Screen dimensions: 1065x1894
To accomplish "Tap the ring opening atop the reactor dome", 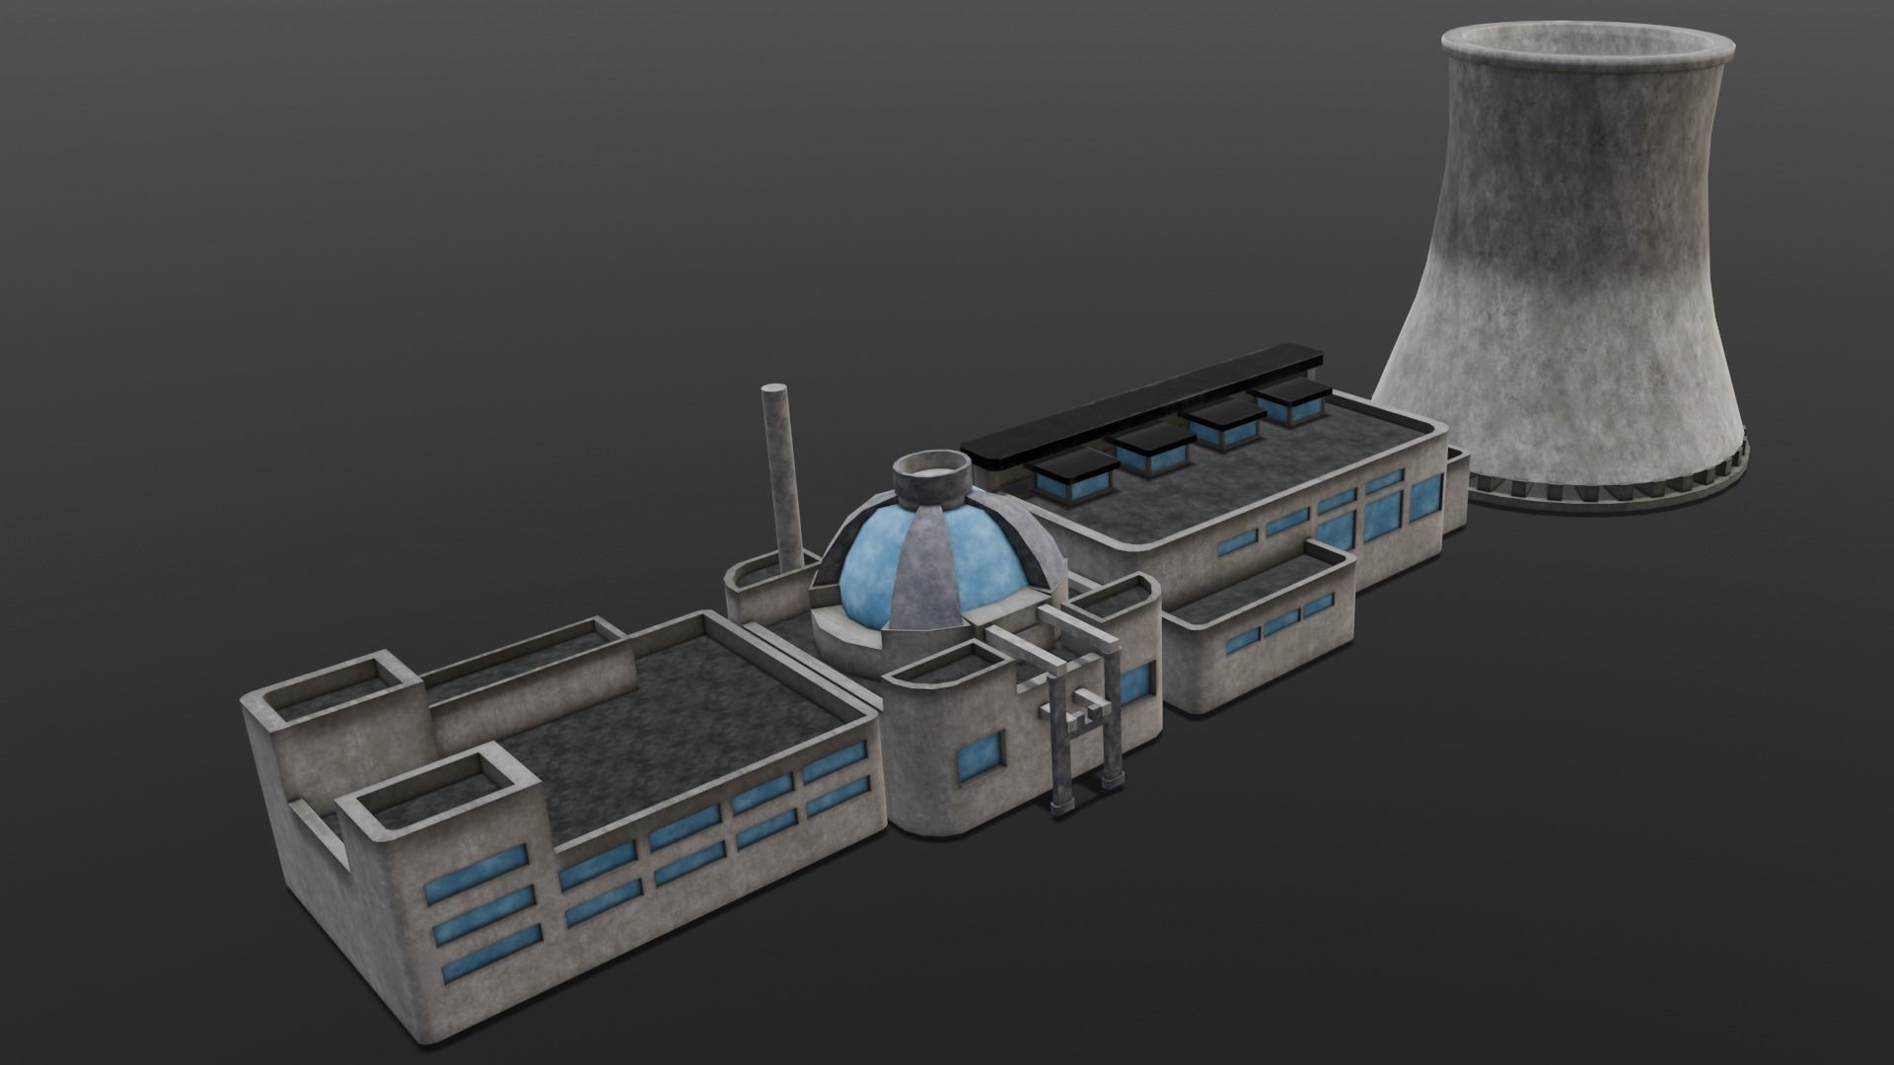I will click(x=927, y=475).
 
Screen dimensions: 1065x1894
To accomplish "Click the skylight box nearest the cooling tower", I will click(x=1291, y=400).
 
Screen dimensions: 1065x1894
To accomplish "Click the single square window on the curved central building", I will click(x=983, y=754).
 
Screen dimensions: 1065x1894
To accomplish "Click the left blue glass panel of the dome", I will click(x=868, y=572).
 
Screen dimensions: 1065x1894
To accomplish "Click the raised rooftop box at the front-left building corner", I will click(x=439, y=789).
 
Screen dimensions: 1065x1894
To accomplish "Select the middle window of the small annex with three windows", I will click(x=1281, y=623).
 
